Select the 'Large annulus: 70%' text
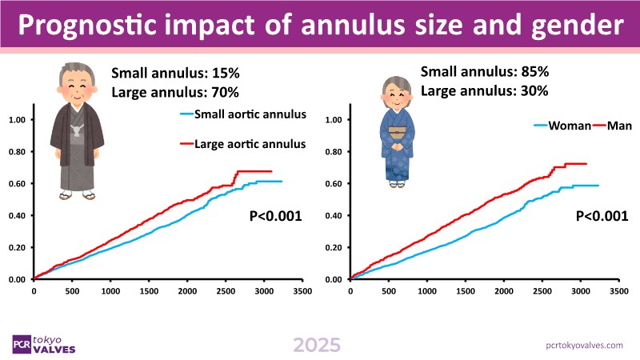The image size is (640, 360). (175, 91)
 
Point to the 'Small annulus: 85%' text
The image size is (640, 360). (484, 71)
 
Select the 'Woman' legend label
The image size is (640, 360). (568, 126)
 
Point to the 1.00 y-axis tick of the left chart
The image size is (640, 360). (18, 120)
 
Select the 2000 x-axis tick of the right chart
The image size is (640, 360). (502, 292)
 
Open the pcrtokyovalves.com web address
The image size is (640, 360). (582, 344)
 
